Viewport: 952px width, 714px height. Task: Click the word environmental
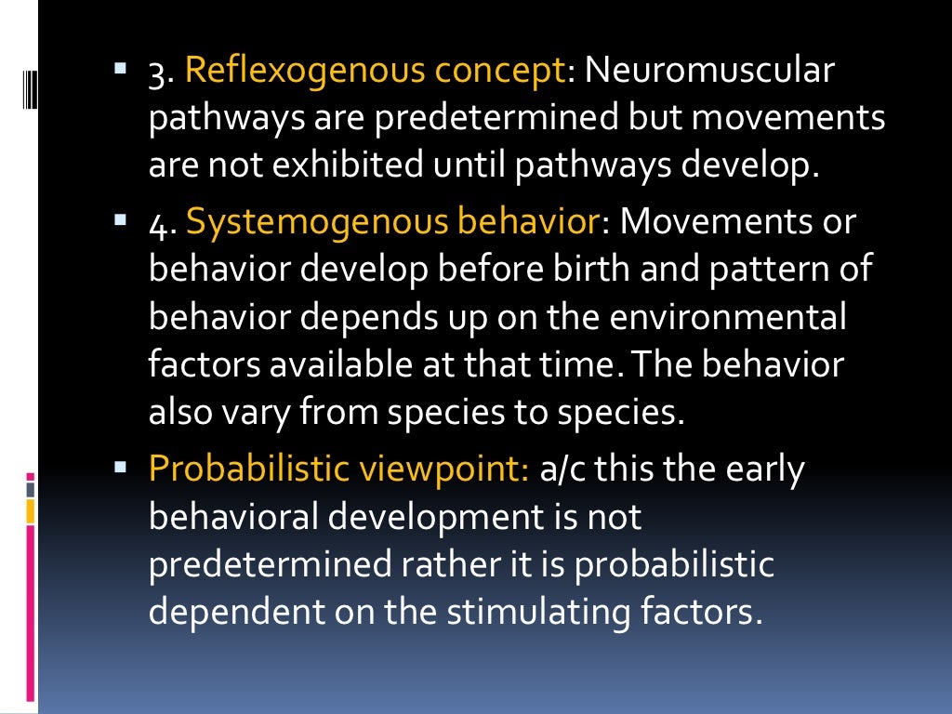729,318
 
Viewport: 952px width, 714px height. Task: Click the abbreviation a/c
562,469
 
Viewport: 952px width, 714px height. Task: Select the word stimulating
543,613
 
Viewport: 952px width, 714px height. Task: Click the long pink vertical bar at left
31,614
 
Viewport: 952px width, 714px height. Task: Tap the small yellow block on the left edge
31,510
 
